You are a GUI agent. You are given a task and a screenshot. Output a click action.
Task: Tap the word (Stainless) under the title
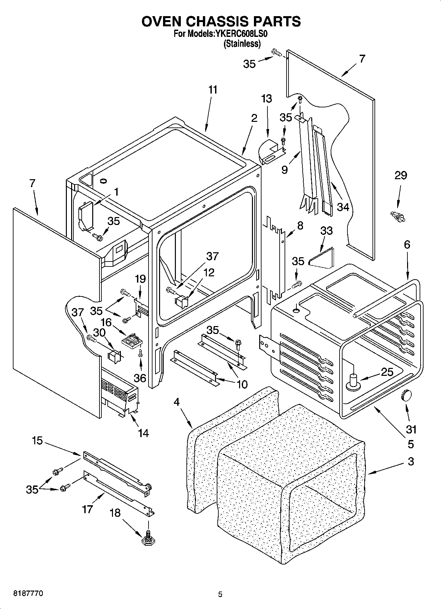click(x=242, y=43)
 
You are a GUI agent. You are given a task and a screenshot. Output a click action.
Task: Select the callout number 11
click(x=213, y=90)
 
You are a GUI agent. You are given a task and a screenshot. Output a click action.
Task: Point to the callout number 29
click(x=400, y=175)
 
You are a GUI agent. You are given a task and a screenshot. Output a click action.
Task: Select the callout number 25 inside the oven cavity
click(x=387, y=372)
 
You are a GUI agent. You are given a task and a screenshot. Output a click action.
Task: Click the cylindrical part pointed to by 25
click(x=354, y=382)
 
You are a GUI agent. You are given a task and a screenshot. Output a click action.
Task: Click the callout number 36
click(x=140, y=378)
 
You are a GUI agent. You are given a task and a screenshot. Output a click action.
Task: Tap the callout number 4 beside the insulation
click(x=177, y=402)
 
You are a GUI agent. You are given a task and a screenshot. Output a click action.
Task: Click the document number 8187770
click(x=28, y=593)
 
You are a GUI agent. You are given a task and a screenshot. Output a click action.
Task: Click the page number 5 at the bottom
click(x=220, y=595)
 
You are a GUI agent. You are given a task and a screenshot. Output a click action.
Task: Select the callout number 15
click(x=37, y=440)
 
